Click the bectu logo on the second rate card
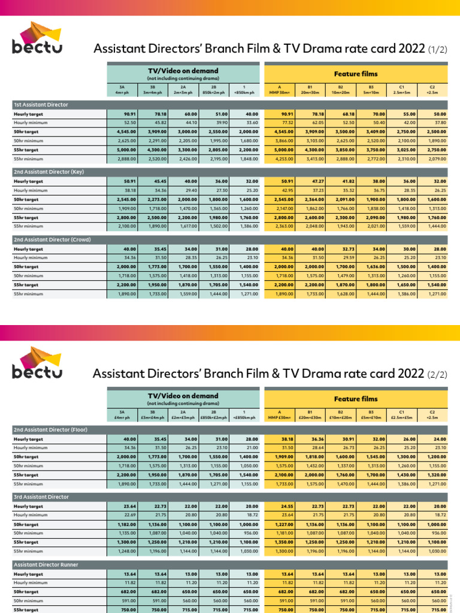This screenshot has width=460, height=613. (x=37, y=363)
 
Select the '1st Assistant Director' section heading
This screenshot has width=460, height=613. (x=41, y=104)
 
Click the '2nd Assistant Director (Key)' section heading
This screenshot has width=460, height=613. (x=49, y=172)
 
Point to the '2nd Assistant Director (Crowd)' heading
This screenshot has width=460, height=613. (x=52, y=239)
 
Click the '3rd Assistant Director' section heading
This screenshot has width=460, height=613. (x=41, y=497)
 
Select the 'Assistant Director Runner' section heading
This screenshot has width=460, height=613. (x=46, y=565)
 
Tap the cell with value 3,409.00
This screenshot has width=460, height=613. (x=373, y=131)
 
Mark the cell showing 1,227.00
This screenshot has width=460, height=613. (x=284, y=524)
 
